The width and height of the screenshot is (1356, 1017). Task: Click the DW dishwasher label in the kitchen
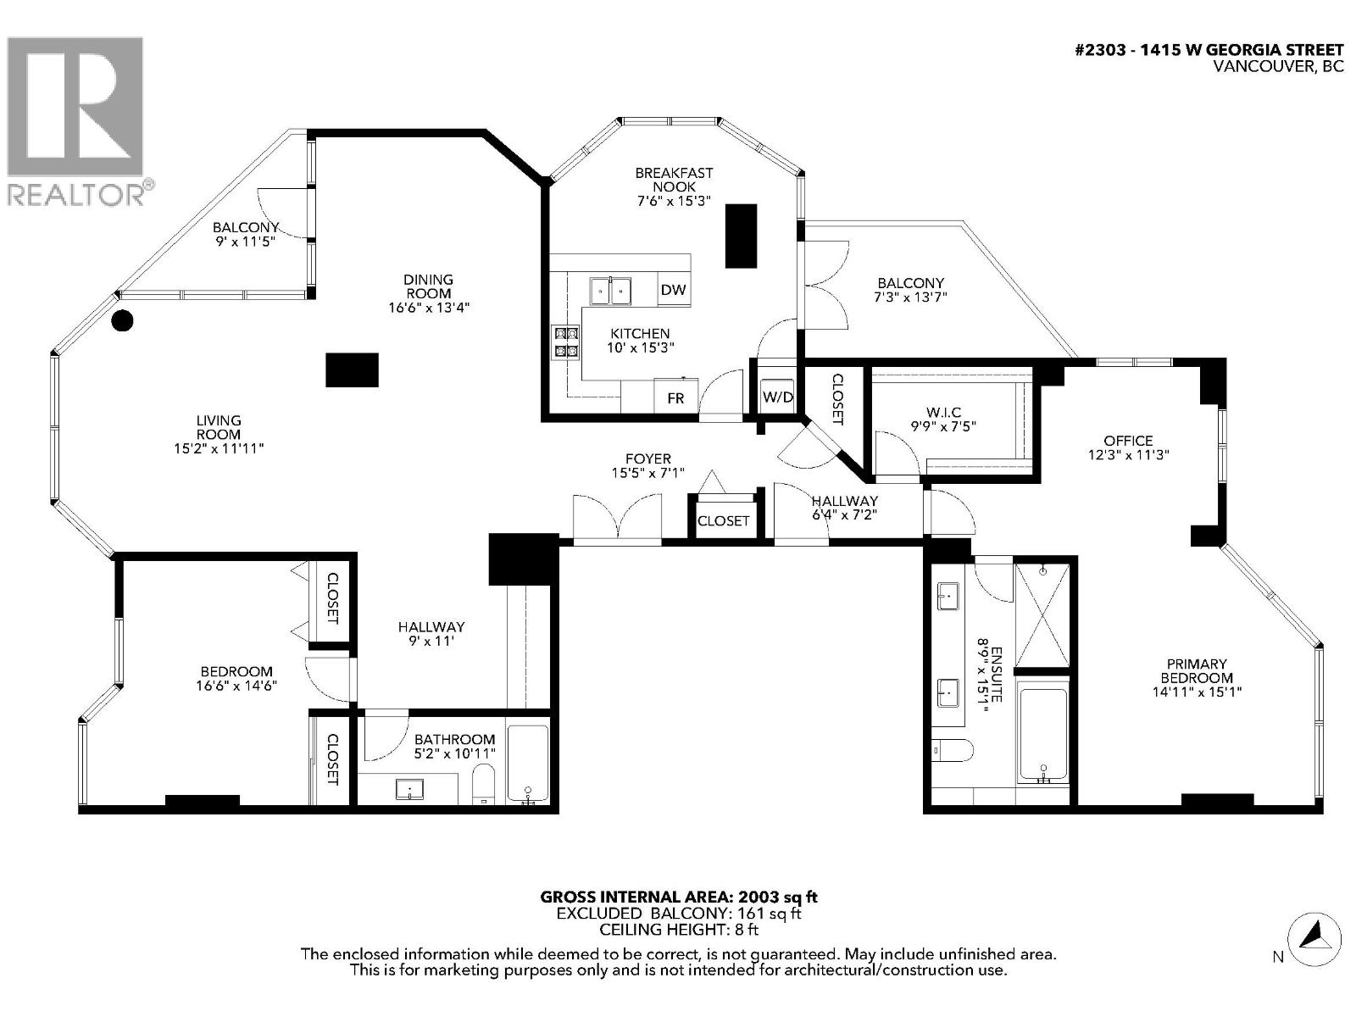674,290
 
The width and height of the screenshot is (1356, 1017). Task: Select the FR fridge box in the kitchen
675,397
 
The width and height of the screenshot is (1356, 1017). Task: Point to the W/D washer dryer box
777,396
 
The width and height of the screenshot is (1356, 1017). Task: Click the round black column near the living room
123,320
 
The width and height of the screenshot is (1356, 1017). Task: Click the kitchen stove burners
566,342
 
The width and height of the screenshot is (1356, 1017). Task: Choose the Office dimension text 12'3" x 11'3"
1128,454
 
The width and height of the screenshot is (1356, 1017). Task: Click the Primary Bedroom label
1197,670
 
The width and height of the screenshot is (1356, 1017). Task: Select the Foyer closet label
723,520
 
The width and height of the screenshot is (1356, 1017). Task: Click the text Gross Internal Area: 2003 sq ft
679,897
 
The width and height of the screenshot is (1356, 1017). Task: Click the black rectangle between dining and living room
352,370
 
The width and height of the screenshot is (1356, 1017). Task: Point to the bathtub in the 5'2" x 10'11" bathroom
528,763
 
